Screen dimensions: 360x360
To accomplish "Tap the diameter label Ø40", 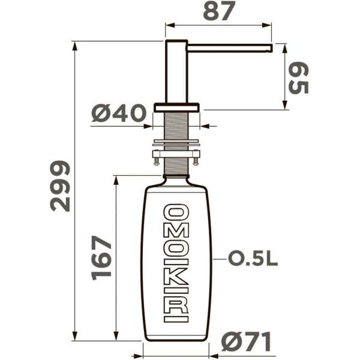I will tap(120, 113).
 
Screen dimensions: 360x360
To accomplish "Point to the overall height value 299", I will tap(61, 185).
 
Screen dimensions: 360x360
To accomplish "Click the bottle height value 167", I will tap(103, 257).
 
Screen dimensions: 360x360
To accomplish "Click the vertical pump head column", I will tap(176, 72).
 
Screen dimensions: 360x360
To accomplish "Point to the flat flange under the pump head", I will tap(176, 107).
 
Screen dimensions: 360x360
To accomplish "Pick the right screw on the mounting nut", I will tap(196, 159).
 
